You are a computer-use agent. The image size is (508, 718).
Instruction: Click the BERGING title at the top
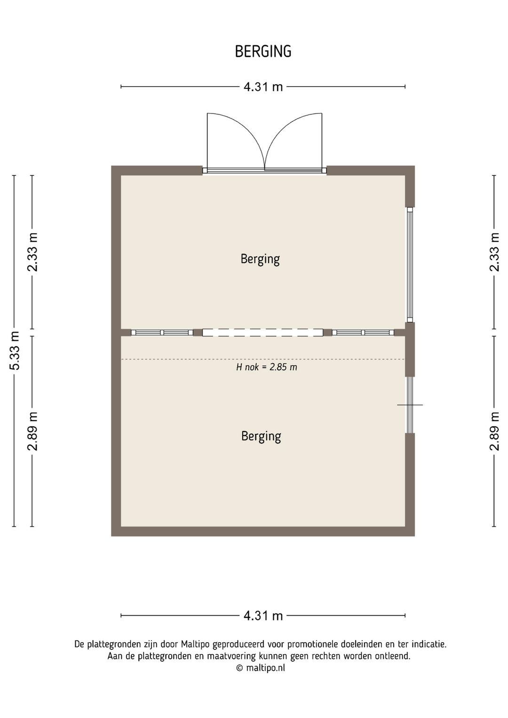click(263, 51)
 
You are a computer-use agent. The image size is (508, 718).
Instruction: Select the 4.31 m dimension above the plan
click(263, 87)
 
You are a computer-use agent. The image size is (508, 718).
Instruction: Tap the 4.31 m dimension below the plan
click(263, 616)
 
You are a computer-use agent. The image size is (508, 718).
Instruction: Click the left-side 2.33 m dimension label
click(33, 252)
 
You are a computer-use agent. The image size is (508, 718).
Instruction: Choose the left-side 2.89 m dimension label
click(33, 431)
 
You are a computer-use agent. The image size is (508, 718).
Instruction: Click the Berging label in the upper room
click(260, 259)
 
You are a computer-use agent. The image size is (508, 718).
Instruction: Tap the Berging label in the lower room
click(261, 436)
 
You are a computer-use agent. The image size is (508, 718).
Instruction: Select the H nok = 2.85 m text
click(267, 367)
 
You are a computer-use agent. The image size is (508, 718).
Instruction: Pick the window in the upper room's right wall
click(410, 264)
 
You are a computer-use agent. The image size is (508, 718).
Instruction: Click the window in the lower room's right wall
click(410, 405)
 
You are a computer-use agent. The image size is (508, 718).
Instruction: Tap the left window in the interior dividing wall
click(162, 333)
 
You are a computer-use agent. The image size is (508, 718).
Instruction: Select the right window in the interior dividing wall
click(363, 333)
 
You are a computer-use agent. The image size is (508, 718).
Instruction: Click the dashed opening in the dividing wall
click(262, 333)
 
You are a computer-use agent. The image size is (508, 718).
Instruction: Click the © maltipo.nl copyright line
click(261, 668)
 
